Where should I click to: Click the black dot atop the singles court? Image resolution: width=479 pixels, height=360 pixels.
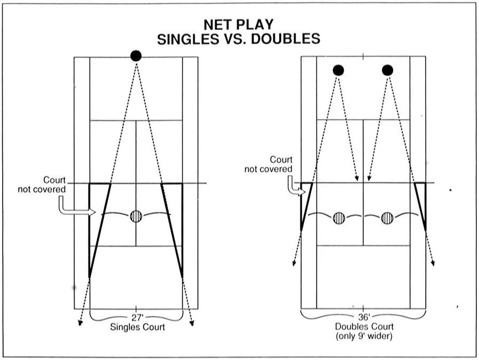(136, 56)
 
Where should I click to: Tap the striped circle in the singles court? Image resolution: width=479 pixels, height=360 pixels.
(136, 216)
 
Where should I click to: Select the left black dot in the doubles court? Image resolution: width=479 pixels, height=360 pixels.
(338, 70)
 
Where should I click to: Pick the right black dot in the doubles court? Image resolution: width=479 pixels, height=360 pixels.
(387, 70)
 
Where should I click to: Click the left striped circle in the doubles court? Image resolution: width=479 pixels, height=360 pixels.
(339, 218)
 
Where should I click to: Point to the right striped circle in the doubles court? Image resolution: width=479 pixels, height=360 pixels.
(387, 218)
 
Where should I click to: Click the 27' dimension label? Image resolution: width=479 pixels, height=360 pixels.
(137, 317)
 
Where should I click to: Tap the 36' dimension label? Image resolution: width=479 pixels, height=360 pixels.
(364, 317)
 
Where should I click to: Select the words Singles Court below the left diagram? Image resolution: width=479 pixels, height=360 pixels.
(137, 327)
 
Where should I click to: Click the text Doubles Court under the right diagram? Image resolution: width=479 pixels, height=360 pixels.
(364, 326)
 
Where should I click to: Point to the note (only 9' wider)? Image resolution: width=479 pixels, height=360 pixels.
(364, 336)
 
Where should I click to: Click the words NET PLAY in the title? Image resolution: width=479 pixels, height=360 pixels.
(239, 25)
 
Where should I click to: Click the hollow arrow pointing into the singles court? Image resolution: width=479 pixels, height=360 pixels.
(77, 206)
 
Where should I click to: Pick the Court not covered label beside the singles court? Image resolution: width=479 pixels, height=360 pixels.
(42, 185)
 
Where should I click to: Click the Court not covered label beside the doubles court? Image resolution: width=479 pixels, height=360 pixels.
(268, 164)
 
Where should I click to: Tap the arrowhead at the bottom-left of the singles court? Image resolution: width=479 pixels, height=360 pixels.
(80, 323)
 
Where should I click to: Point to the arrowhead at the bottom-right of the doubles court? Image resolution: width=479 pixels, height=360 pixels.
(433, 263)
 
